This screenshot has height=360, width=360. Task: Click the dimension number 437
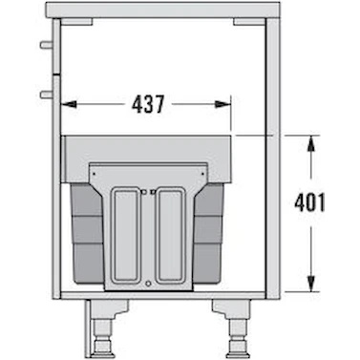(x=148, y=104)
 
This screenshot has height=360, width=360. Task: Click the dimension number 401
(x=309, y=202)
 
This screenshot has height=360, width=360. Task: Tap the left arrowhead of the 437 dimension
(x=69, y=104)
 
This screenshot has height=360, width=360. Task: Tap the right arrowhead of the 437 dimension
(x=222, y=104)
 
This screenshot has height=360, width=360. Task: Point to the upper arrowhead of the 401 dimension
(x=311, y=144)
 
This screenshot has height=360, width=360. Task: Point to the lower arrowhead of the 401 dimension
(x=311, y=284)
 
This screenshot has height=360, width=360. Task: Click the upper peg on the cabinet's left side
(x=47, y=45)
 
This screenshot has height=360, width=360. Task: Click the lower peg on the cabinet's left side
(x=47, y=95)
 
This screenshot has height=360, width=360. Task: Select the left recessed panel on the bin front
(x=126, y=235)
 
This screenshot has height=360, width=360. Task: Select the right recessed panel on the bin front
(x=171, y=235)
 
